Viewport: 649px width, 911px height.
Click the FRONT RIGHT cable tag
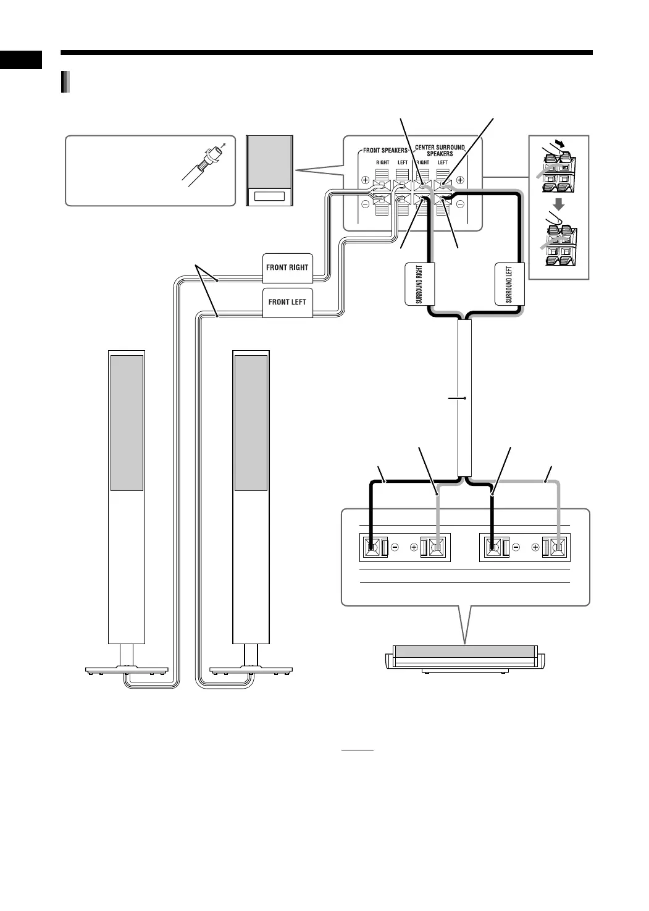pos(287,267)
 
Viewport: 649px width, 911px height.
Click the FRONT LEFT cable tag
pos(287,303)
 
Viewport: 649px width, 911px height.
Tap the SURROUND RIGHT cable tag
pos(419,284)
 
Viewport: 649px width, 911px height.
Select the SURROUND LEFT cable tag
pos(509,284)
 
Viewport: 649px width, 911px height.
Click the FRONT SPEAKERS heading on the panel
pos(385,151)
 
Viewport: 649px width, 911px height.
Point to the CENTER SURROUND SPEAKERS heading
pos(440,150)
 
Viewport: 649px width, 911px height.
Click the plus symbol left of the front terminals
pos(365,181)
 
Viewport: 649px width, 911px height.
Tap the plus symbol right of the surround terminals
pos(460,181)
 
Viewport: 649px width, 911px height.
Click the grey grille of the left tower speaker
pos(127,422)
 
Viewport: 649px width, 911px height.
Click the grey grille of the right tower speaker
pos(251,422)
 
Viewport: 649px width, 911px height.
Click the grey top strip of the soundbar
pos(464,652)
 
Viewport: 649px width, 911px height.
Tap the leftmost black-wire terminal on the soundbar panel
pos(372,547)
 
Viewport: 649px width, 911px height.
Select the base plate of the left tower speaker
pos(127,669)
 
